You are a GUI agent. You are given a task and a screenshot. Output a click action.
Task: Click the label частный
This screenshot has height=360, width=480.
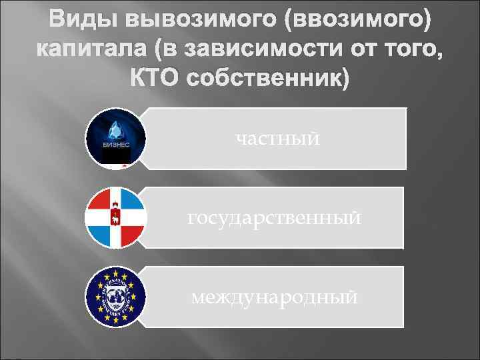pos(277,139)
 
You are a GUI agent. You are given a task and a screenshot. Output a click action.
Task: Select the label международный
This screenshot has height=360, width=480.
pos(274,296)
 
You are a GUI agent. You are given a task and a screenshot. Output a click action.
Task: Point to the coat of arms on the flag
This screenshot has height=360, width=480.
pos(115,217)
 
